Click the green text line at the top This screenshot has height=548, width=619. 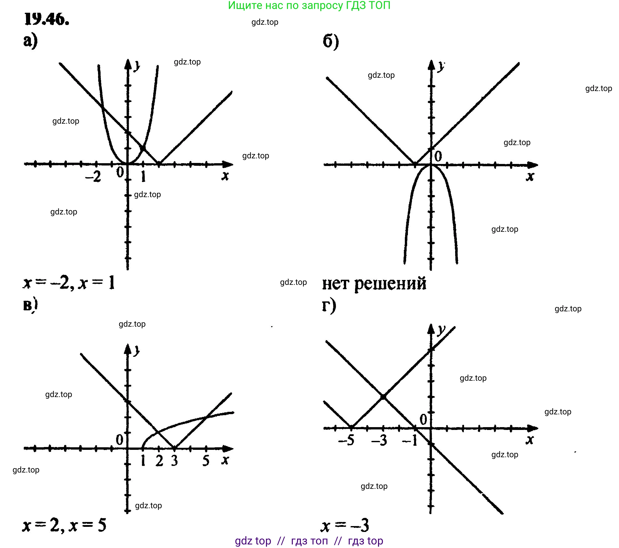(x=309, y=5)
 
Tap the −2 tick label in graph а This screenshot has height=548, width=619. (x=93, y=177)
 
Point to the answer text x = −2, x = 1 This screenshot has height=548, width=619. (x=69, y=283)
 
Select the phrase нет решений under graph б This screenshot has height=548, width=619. (x=374, y=284)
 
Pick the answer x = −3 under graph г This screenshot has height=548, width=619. (x=345, y=526)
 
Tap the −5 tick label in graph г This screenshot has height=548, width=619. (x=346, y=440)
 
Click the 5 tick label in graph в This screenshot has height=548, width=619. (x=206, y=461)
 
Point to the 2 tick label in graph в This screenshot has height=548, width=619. (x=159, y=461)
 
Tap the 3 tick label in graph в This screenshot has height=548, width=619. (x=174, y=461)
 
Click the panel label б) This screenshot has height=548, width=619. (x=331, y=42)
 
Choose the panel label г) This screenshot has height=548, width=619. (x=329, y=306)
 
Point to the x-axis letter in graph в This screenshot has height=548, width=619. (x=225, y=460)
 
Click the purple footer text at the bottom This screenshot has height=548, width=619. (x=309, y=541)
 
